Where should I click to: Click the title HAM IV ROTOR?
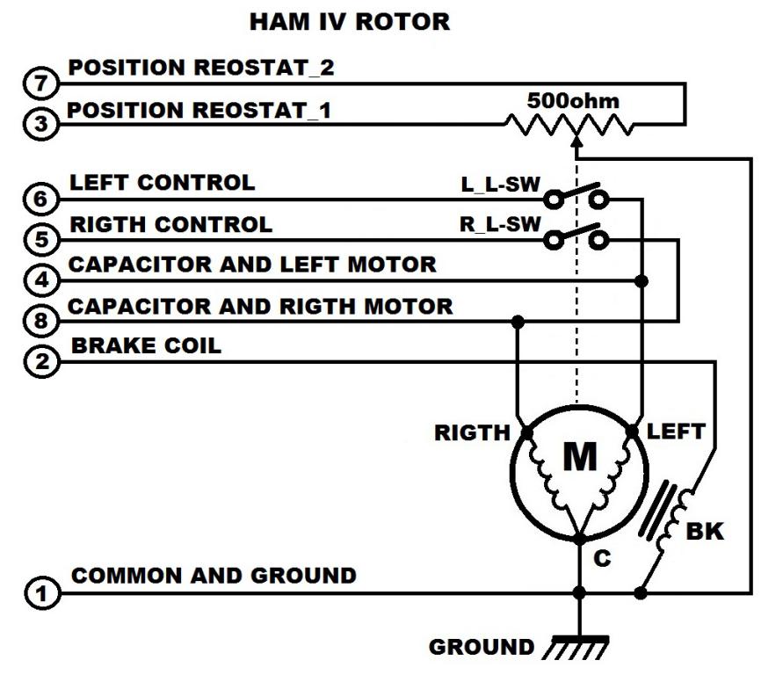349,22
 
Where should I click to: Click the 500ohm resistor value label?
572,101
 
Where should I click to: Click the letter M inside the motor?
578,457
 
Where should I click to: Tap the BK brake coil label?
704,532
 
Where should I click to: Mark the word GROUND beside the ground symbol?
481,648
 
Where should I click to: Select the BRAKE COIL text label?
146,345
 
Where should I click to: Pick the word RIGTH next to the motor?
472,432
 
